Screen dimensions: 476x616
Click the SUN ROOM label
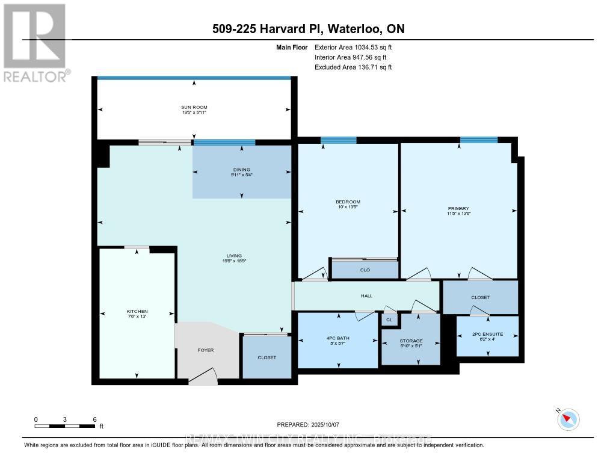194,107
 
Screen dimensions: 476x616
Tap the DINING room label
242,170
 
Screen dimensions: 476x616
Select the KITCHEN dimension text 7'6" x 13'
137,317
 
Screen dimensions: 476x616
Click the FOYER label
205,350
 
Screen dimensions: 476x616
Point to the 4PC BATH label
339,338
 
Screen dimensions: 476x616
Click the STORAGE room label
411,341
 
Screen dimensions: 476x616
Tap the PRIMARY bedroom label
459,208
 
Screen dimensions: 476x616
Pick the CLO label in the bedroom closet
365,270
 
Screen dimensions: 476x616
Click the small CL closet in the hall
389,320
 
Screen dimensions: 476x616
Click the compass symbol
568,419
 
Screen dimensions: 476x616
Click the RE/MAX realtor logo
35,42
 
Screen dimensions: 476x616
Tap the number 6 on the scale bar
94,419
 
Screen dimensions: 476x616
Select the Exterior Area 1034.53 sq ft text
354,48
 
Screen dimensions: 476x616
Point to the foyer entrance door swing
203,377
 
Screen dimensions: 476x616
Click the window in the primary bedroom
479,140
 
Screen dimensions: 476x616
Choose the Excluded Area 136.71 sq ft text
353,67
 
